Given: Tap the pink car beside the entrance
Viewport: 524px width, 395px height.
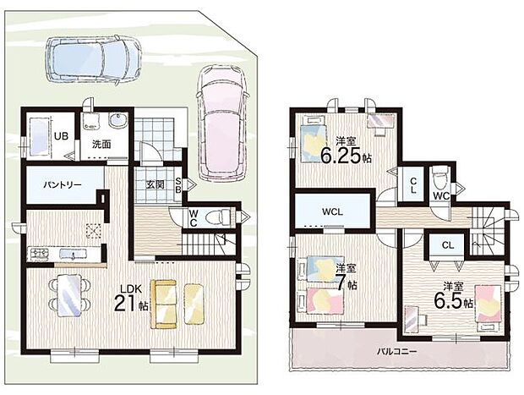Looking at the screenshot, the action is tap(222, 122).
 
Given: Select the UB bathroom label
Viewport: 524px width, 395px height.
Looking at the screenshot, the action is tap(62, 136).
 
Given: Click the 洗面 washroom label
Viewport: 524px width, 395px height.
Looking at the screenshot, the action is tap(101, 145).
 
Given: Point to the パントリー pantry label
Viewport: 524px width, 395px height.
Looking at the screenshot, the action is tap(63, 184).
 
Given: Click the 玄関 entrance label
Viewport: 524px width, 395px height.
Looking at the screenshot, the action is tap(156, 184).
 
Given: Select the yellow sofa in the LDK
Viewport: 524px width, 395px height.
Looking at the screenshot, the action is tap(163, 304).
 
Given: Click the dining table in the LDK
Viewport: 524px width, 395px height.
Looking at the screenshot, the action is tap(69, 295).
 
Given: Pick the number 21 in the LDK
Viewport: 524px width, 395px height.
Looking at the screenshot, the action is tap(125, 304).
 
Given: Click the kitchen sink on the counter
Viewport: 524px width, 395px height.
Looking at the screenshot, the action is tap(73, 255).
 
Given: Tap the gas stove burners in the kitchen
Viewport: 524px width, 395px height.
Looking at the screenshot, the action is tap(40, 255).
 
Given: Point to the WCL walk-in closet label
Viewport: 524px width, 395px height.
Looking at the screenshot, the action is tap(332, 211).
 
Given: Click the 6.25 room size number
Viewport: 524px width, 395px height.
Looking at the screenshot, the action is tap(341, 156).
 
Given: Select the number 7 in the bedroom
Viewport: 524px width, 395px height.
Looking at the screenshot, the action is tap(341, 284).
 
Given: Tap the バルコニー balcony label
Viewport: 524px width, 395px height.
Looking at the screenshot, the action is tap(396, 352).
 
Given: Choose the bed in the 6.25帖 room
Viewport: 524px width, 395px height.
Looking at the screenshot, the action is tap(314, 139).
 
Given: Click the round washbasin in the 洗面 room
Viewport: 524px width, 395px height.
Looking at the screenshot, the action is tap(118, 119).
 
